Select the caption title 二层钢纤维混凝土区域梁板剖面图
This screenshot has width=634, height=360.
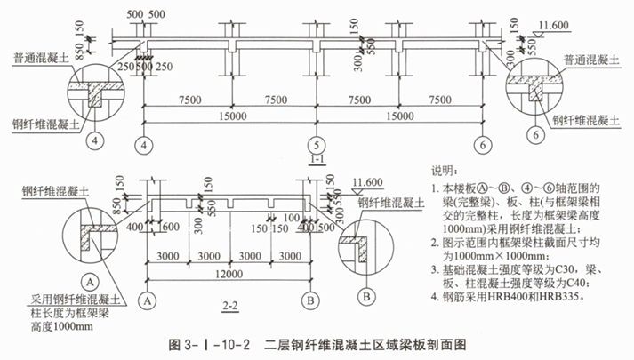[365, 342]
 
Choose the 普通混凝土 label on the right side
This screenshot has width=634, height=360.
[592, 60]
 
